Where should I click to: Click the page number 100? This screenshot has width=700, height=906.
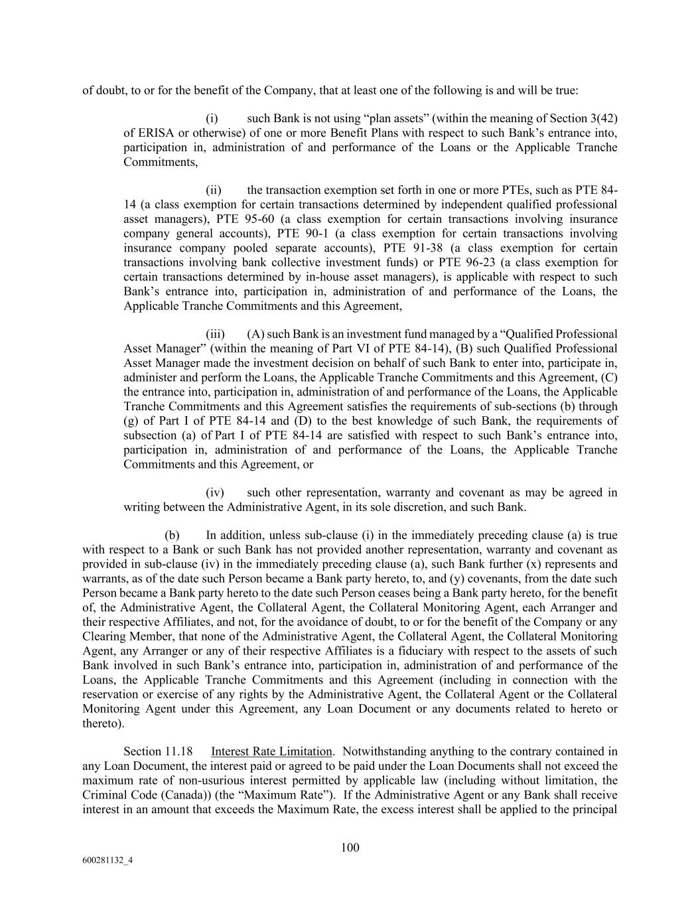pyautogui.click(x=350, y=847)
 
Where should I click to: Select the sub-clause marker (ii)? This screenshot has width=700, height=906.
pyautogui.click(x=213, y=190)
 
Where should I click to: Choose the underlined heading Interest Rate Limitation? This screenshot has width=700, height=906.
pyautogui.click(x=271, y=751)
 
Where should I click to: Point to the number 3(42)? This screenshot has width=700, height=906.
pyautogui.click(x=603, y=118)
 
